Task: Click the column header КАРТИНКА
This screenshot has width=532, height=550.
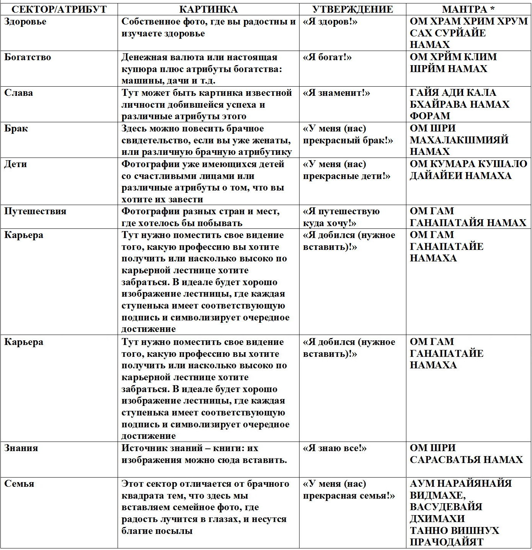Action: [208, 10]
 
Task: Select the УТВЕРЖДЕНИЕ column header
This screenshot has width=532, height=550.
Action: [352, 10]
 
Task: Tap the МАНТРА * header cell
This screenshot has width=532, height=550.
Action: [468, 10]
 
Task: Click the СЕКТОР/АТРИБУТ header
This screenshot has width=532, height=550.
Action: [59, 10]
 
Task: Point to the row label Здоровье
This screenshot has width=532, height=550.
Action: [25, 22]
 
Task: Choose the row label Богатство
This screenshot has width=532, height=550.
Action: [28, 57]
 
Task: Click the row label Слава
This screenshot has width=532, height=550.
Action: [18, 93]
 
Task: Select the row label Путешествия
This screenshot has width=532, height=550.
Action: [35, 212]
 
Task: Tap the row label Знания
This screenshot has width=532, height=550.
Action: [21, 448]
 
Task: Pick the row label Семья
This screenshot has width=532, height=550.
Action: [19, 484]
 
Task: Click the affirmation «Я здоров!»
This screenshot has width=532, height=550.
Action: [330, 22]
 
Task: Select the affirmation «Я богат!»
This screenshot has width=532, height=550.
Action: [327, 57]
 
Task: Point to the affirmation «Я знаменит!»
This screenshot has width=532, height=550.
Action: [336, 93]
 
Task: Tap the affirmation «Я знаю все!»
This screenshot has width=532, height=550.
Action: [334, 448]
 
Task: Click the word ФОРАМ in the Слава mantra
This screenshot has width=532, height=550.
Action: [430, 116]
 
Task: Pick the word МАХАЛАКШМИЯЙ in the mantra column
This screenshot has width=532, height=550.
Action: [459, 140]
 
